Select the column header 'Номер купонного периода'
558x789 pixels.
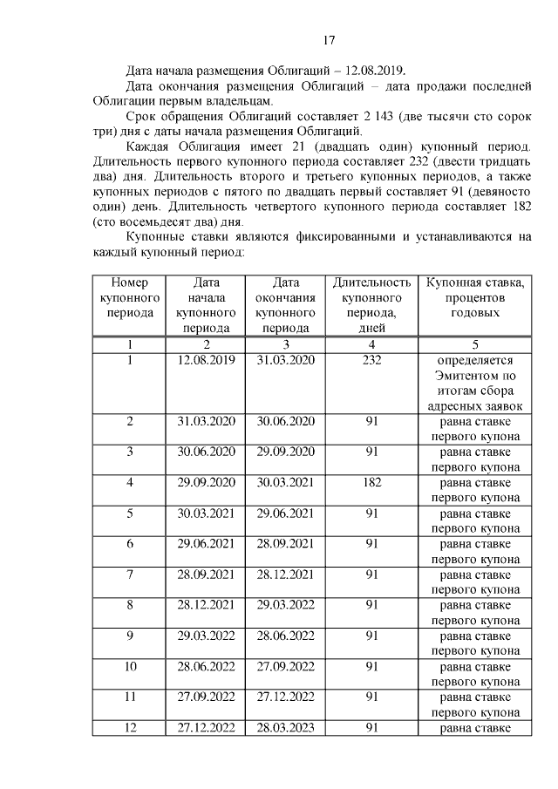point(129,297)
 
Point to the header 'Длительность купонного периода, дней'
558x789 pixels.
point(371,305)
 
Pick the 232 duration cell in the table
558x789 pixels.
point(371,359)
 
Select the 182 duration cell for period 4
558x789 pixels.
point(371,481)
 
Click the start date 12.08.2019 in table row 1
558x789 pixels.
point(207,359)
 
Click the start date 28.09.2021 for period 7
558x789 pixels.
point(207,574)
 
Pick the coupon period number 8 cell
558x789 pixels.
point(129,604)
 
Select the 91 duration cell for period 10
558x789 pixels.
point(371,666)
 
